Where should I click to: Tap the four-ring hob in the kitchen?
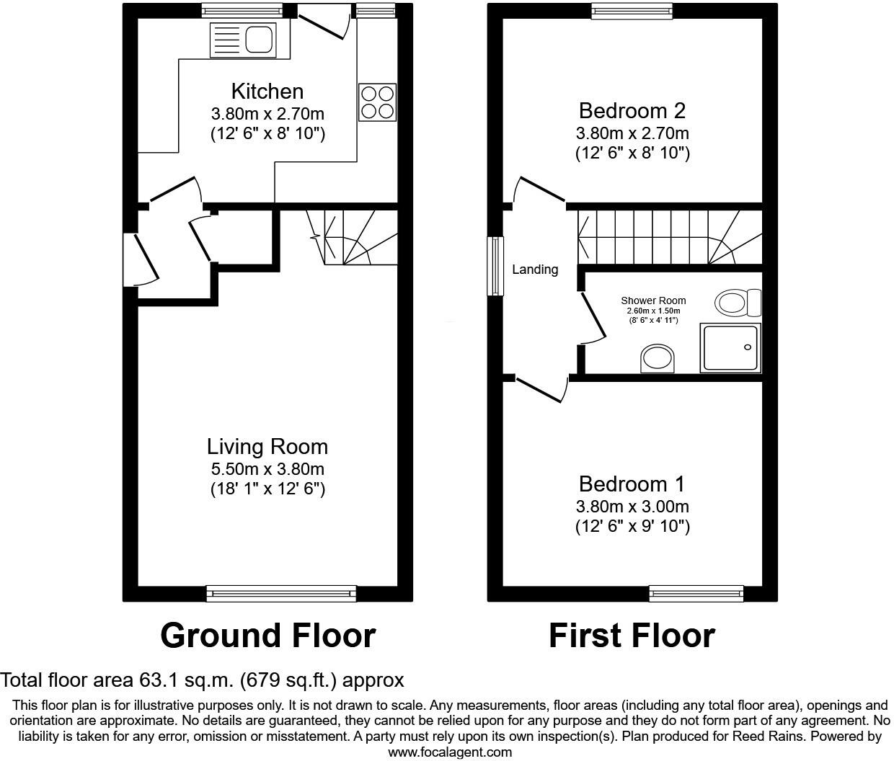(377, 102)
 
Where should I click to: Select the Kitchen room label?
(267, 92)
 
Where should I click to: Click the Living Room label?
(267, 447)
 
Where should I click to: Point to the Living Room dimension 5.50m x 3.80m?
(267, 469)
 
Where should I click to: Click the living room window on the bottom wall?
(281, 593)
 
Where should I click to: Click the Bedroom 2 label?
(632, 111)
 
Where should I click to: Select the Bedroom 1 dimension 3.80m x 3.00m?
(632, 507)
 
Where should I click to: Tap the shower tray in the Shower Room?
(730, 349)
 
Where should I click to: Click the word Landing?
(535, 270)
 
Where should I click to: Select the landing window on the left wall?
(495, 266)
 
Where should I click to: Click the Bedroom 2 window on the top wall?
(632, 10)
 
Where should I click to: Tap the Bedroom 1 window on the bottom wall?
(696, 593)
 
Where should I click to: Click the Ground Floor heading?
(267, 636)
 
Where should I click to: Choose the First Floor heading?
(632, 636)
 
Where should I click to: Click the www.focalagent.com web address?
(450, 752)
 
